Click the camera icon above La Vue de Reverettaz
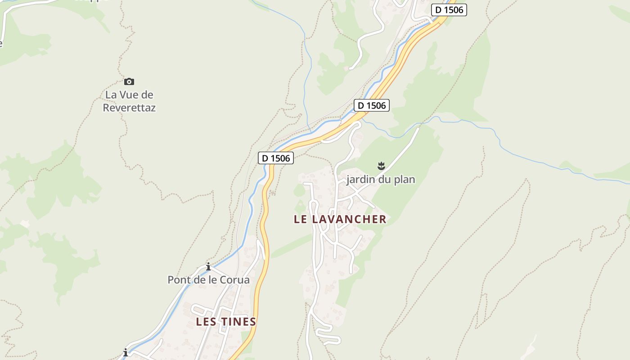tap(129, 81)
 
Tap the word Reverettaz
tap(129, 108)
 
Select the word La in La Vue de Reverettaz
tap(111, 95)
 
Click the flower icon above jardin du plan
tap(382, 166)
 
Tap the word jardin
tap(360, 180)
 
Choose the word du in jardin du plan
tap(385, 180)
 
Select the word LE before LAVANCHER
tap(301, 219)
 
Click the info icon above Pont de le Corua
tap(208, 266)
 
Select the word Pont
tap(178, 280)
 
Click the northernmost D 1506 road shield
tap(449, 10)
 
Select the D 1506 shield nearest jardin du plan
tap(371, 105)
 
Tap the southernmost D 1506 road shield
tap(275, 158)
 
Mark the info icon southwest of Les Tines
tap(126, 353)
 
